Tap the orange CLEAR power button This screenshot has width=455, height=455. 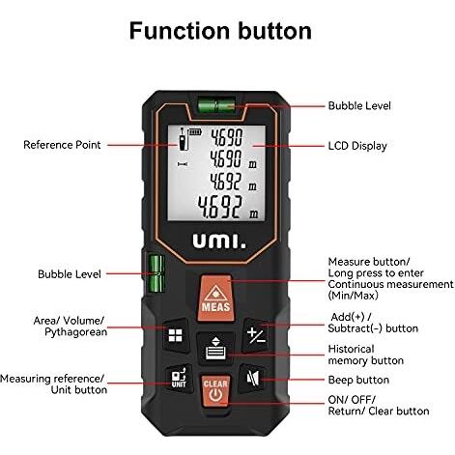click(x=215, y=391)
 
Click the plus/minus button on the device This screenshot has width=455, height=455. click(x=256, y=335)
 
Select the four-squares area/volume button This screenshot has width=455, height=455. click(x=176, y=335)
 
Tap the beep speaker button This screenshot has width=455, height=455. click(x=252, y=379)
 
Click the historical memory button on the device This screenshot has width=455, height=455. click(x=215, y=348)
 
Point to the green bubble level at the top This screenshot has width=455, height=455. click(x=216, y=105)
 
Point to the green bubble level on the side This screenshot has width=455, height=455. click(x=156, y=273)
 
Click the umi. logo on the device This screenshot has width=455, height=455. click(x=219, y=242)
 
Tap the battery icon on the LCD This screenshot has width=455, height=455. click(x=195, y=132)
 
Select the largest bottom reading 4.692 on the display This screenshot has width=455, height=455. click(x=219, y=207)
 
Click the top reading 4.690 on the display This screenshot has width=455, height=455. click(x=226, y=137)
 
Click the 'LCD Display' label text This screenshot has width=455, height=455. click(x=357, y=146)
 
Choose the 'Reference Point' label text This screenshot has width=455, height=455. click(x=62, y=145)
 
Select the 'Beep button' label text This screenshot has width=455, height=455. click(x=358, y=380)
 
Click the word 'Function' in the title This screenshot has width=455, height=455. click(x=180, y=31)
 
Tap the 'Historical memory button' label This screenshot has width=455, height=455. click(x=366, y=355)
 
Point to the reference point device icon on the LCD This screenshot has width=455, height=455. click(x=183, y=139)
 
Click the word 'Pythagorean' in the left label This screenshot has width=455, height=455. click(x=76, y=332)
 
